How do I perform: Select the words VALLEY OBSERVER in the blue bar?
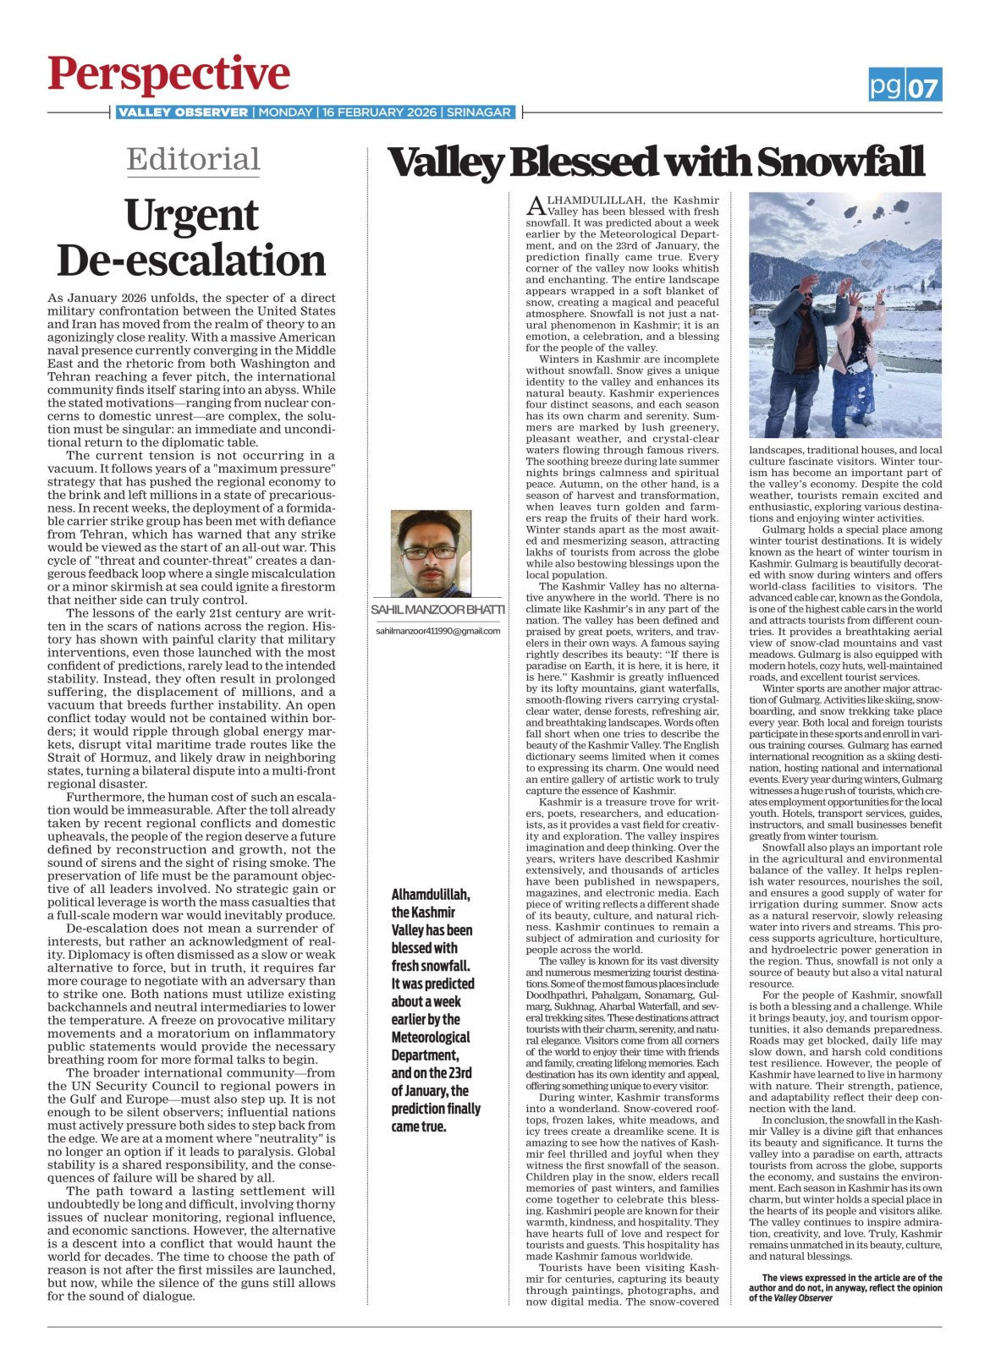[183, 112]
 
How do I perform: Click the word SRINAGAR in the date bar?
[479, 112]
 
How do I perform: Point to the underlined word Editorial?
[193, 159]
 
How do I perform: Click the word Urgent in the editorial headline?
[191, 216]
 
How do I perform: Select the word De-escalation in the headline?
[191, 260]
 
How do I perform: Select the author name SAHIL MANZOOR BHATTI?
[437, 610]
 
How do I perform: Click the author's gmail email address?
[437, 631]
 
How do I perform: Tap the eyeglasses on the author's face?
[430, 552]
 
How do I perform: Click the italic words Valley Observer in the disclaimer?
[802, 1298]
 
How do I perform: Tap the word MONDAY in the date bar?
[285, 112]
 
